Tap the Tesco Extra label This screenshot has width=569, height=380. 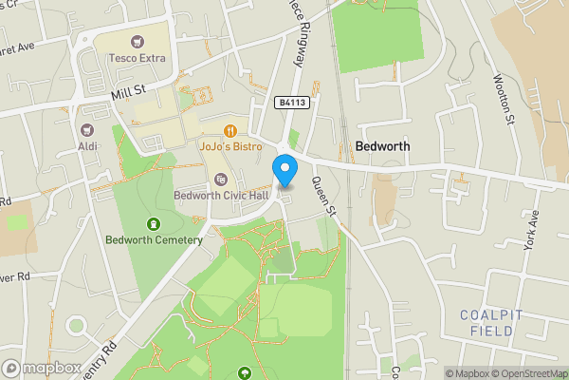(136, 58)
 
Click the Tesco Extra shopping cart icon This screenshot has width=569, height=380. (137, 41)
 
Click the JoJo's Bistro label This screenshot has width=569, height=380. (230, 147)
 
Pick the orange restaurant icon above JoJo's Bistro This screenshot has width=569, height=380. (229, 130)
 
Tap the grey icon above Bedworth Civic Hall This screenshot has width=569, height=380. (221, 179)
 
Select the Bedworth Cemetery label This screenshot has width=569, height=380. (155, 239)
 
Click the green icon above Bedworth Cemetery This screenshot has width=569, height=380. (154, 223)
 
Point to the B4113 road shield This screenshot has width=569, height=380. (292, 102)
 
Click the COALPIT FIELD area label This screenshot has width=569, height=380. (492, 323)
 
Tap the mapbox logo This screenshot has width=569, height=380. (41, 368)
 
